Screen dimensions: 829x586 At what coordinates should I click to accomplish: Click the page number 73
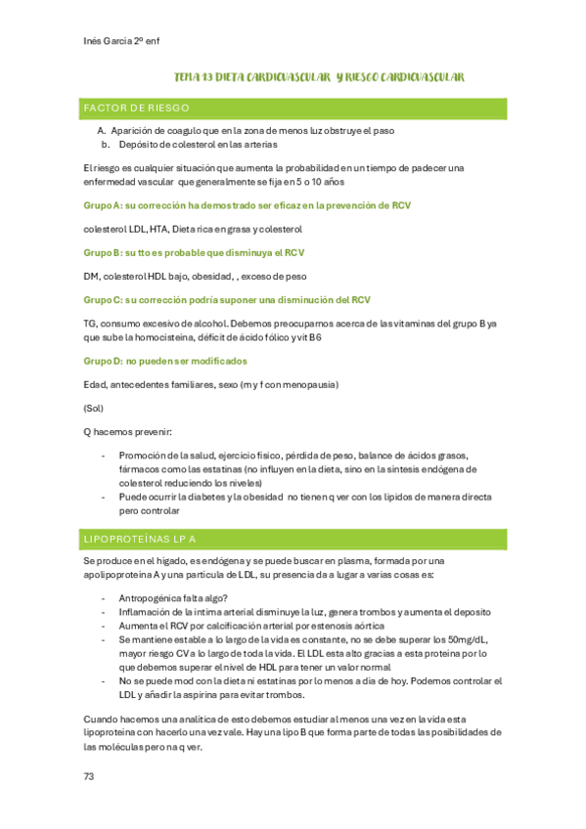pyautogui.click(x=89, y=776)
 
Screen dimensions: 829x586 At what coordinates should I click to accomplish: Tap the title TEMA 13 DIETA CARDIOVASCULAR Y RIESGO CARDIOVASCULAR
pyautogui.click(x=318, y=76)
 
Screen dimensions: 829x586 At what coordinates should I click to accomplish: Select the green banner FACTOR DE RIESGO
pyautogui.click(x=137, y=108)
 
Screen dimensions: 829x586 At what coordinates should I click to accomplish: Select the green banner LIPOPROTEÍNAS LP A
pyautogui.click(x=141, y=539)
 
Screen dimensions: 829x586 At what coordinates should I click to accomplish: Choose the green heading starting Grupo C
pyautogui.click(x=227, y=299)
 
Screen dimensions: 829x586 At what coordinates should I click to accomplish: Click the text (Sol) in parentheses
pyautogui.click(x=94, y=408)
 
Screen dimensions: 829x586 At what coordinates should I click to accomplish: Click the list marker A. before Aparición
pyautogui.click(x=102, y=131)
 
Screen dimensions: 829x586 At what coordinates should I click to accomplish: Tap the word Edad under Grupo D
pyautogui.click(x=95, y=384)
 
